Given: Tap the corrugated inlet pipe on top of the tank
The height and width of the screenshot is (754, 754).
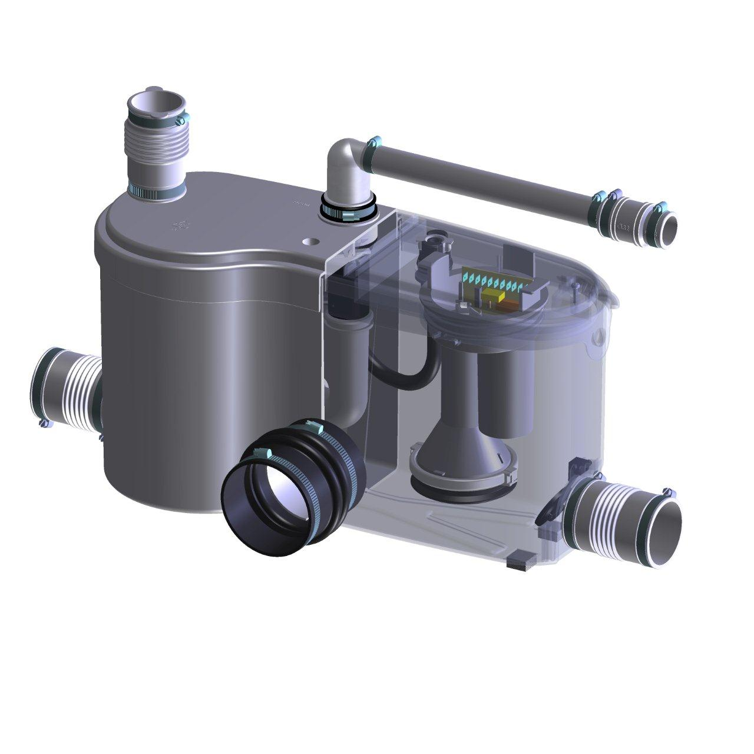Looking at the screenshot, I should (x=154, y=147).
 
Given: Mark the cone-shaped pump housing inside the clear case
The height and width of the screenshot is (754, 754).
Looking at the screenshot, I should (x=465, y=448).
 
